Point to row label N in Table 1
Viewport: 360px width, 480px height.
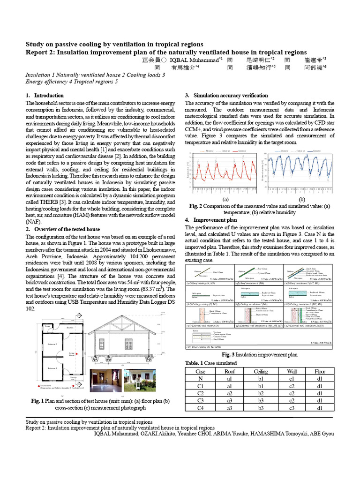point(201,378)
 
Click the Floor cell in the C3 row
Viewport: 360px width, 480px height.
point(319,400)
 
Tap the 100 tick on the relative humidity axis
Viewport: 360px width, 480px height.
point(265,153)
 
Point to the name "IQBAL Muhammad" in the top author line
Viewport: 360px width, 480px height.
point(193,60)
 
